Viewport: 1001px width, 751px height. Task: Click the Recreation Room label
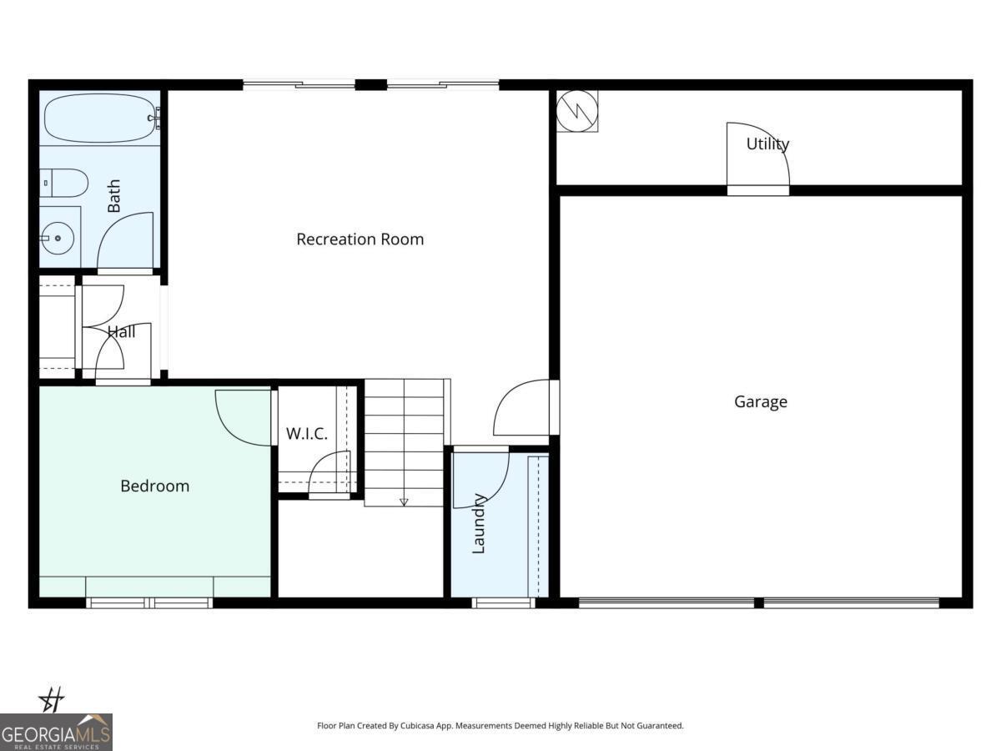point(360,239)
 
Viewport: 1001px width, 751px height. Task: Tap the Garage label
point(760,401)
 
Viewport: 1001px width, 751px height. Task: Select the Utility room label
point(767,144)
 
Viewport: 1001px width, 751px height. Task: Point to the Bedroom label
point(154,486)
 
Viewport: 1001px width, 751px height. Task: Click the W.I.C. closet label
point(306,434)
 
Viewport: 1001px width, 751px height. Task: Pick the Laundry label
point(478,524)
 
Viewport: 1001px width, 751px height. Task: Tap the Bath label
point(113,195)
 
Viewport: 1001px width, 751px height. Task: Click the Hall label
point(121,331)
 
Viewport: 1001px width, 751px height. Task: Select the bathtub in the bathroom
point(100,118)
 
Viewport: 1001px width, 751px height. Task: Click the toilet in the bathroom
point(63,183)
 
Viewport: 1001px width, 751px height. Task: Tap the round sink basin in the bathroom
point(58,238)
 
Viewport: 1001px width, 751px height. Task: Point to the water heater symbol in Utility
point(577,111)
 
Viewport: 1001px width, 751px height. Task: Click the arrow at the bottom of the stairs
point(404,502)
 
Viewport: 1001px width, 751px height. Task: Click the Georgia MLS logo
point(56,732)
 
